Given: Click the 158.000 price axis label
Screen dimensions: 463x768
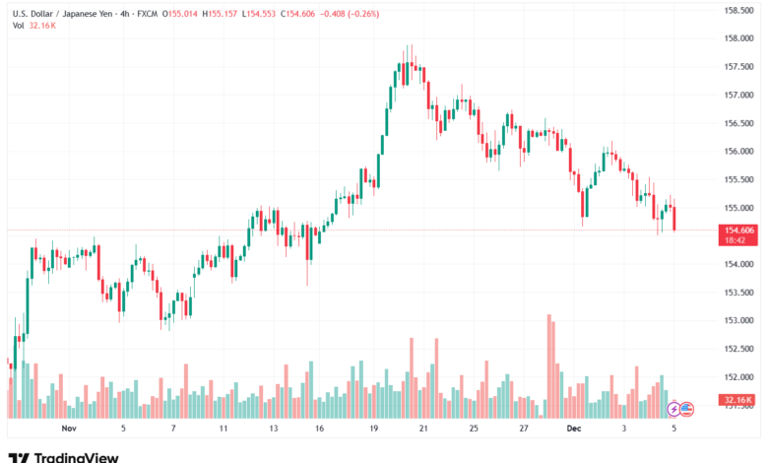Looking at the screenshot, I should point(738,38).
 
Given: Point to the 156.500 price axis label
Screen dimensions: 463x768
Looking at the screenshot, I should point(738,124).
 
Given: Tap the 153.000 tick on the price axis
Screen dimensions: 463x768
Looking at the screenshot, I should point(738,320).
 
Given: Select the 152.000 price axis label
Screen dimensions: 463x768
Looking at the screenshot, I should point(738,376).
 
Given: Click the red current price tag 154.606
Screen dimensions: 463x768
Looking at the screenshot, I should point(738,230).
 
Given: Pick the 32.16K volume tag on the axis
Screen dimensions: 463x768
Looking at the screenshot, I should point(738,400).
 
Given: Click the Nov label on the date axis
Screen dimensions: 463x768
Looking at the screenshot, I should point(68,430).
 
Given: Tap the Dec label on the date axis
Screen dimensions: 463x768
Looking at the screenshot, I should point(574,430).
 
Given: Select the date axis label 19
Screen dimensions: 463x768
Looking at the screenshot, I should point(374,430).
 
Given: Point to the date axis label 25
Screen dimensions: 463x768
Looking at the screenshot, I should point(474,430).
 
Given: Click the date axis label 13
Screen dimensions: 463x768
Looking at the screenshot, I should point(273,430).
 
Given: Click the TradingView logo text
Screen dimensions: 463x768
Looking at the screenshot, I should point(76,457).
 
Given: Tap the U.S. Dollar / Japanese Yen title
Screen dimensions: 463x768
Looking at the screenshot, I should point(69,12).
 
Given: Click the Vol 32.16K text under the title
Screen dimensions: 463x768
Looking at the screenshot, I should point(33,26).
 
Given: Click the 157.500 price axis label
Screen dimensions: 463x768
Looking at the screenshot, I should point(738,67).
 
